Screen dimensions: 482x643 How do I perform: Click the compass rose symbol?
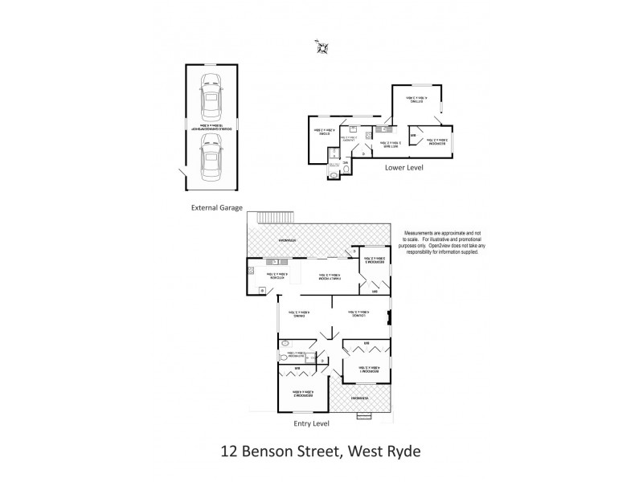(x=321, y=50)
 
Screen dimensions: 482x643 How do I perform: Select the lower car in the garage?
(x=211, y=157)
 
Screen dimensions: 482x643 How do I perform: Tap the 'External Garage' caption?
(x=218, y=206)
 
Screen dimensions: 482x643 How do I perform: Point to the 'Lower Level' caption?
(x=403, y=169)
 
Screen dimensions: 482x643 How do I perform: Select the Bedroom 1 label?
(x=367, y=370)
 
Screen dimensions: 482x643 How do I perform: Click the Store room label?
(x=326, y=133)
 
